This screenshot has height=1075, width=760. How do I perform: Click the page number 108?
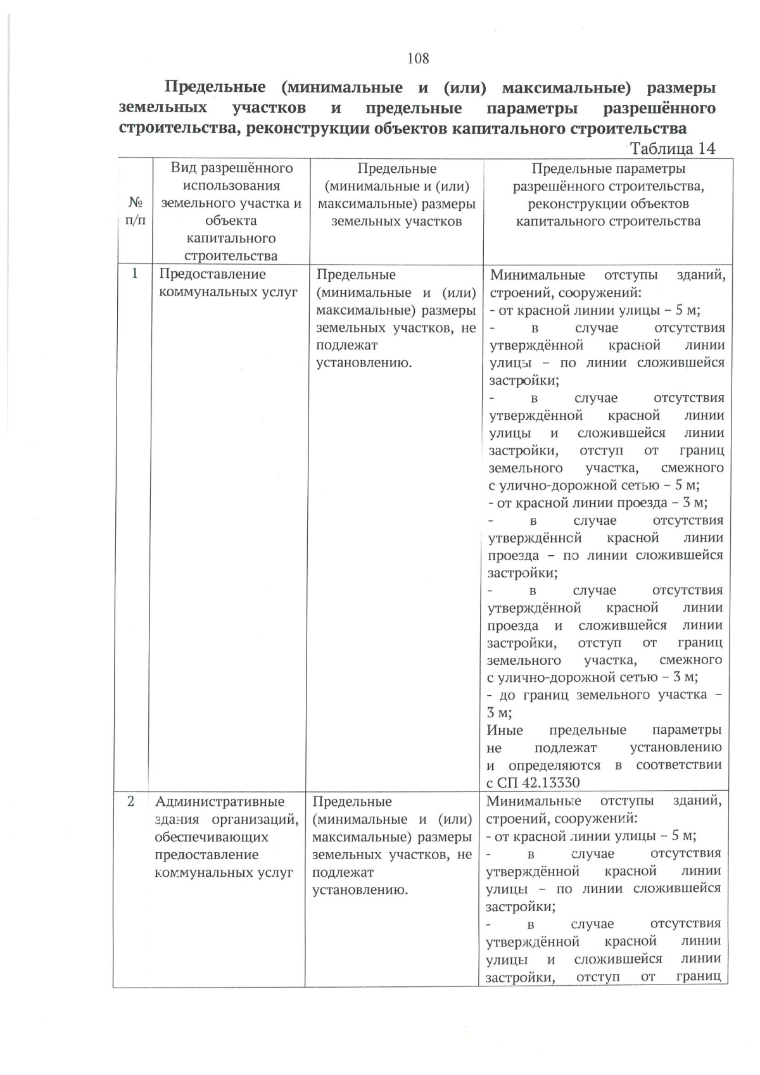[418, 58]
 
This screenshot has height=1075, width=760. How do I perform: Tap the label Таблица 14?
[673, 148]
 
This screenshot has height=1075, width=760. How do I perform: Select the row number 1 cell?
[134, 274]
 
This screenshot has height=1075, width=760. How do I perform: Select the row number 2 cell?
[131, 801]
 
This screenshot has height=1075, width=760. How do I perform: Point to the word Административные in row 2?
[220, 802]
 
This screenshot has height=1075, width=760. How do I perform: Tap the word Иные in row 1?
[505, 730]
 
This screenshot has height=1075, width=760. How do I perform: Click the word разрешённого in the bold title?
[659, 108]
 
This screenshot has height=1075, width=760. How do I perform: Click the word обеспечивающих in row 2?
[212, 837]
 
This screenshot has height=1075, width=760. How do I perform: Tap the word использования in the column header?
[231, 185]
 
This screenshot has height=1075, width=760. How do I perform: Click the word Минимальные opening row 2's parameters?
[533, 801]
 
